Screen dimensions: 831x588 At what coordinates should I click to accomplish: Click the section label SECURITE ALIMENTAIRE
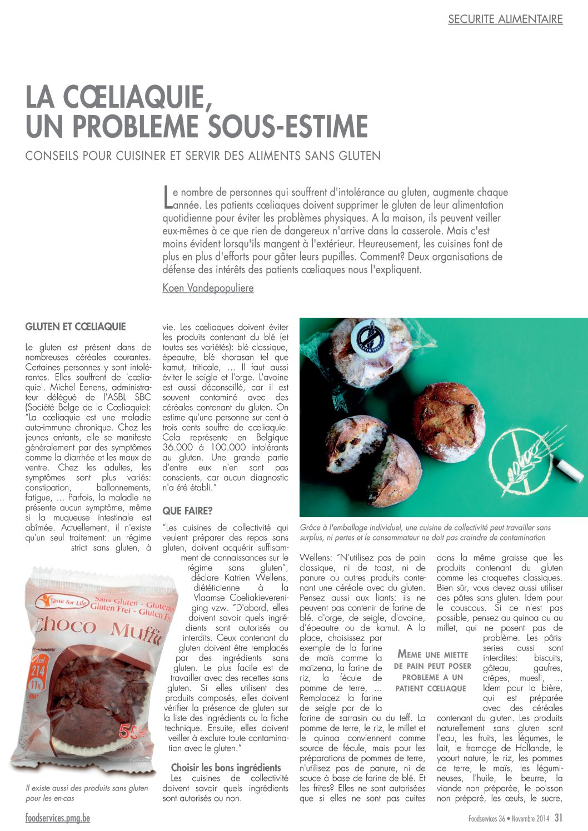click(505, 19)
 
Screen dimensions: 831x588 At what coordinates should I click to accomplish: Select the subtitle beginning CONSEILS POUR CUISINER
click(203, 156)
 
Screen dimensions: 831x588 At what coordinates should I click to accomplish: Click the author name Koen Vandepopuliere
click(208, 288)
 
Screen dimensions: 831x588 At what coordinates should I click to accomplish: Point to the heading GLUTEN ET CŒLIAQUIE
click(76, 327)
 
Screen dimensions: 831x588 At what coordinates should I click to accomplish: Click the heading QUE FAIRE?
click(187, 510)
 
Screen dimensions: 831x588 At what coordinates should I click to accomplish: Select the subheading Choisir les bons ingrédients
click(226, 768)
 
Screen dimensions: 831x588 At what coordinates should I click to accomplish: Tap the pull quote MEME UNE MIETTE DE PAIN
click(433, 672)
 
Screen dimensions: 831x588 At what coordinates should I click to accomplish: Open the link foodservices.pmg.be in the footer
click(57, 818)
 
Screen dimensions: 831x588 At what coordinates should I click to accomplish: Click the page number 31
click(559, 818)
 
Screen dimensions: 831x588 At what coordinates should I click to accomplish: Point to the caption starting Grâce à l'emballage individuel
click(425, 532)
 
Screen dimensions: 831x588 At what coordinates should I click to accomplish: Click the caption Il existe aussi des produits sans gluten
click(87, 793)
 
